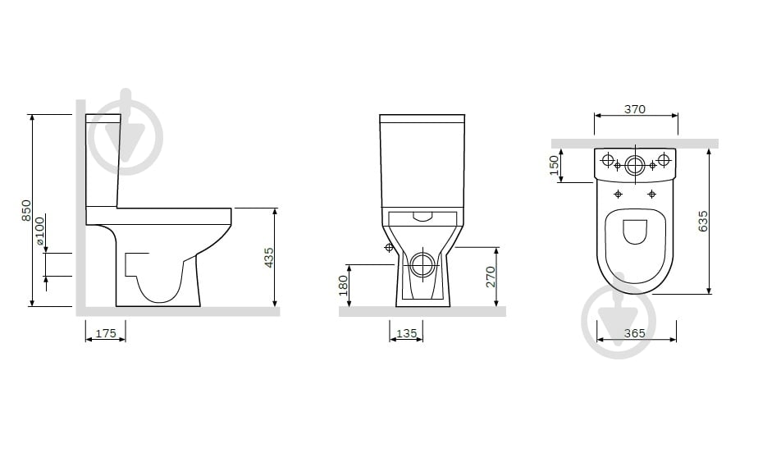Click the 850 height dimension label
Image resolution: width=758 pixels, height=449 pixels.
pyautogui.click(x=26, y=211)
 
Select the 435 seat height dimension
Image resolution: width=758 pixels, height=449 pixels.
pyautogui.click(x=269, y=258)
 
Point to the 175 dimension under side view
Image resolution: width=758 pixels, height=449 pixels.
pyautogui.click(x=106, y=333)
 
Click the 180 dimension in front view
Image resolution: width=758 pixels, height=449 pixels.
pyautogui.click(x=343, y=286)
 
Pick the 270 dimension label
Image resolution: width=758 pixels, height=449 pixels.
pyautogui.click(x=491, y=277)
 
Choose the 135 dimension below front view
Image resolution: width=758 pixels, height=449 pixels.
pyautogui.click(x=407, y=333)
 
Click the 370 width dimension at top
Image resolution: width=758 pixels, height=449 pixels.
pyautogui.click(x=635, y=109)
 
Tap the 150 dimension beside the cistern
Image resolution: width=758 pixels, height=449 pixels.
pyautogui.click(x=554, y=165)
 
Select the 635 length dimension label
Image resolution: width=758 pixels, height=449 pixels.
pyautogui.click(x=703, y=221)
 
